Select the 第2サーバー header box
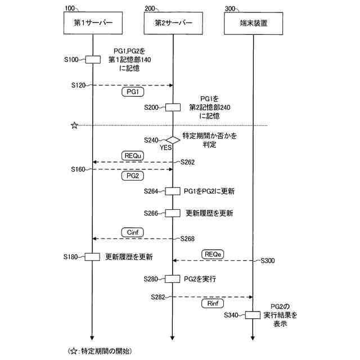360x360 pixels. coord(173,24)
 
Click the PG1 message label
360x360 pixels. coord(133,92)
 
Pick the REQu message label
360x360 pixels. coord(133,154)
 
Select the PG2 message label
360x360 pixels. coord(133,176)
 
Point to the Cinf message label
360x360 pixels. coord(133,231)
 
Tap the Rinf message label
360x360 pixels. coord(212,303)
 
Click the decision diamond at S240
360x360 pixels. coord(173,139)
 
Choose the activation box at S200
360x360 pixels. coord(173,107)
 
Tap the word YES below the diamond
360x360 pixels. coord(165,148)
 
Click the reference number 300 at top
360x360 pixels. coord(231,9)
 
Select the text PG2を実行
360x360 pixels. coord(200,278)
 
